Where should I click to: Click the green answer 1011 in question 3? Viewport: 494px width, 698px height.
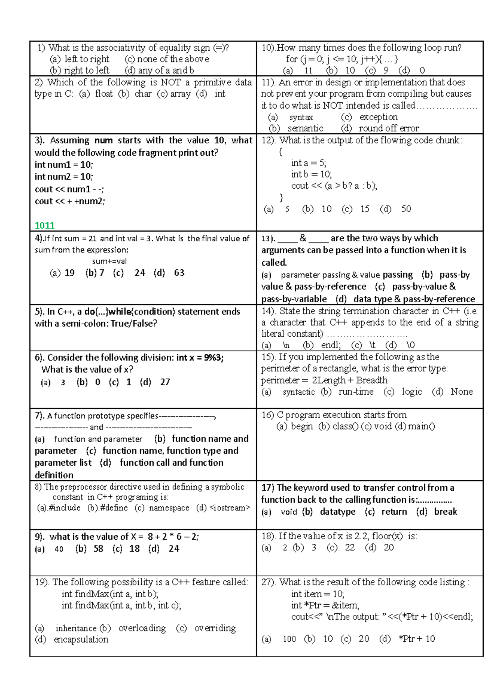point(44,225)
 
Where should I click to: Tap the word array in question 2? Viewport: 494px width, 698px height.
point(180,94)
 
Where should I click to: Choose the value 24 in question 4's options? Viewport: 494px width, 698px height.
point(140,273)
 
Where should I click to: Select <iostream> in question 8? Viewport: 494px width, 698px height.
point(229,508)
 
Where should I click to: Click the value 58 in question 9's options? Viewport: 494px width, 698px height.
point(98,548)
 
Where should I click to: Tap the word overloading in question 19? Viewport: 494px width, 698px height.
point(142,628)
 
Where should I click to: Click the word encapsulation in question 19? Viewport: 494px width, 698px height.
point(81,640)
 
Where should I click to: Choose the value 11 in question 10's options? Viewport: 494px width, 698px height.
point(308,70)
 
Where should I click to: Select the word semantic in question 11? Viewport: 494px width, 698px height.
point(305,128)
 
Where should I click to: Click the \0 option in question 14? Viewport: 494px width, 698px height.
point(410,345)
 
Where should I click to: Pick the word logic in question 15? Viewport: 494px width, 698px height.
point(412,392)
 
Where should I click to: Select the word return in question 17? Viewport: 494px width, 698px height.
point(394,512)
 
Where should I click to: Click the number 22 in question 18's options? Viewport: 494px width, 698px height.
point(350,548)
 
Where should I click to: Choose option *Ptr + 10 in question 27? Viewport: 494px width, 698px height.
point(417,639)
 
